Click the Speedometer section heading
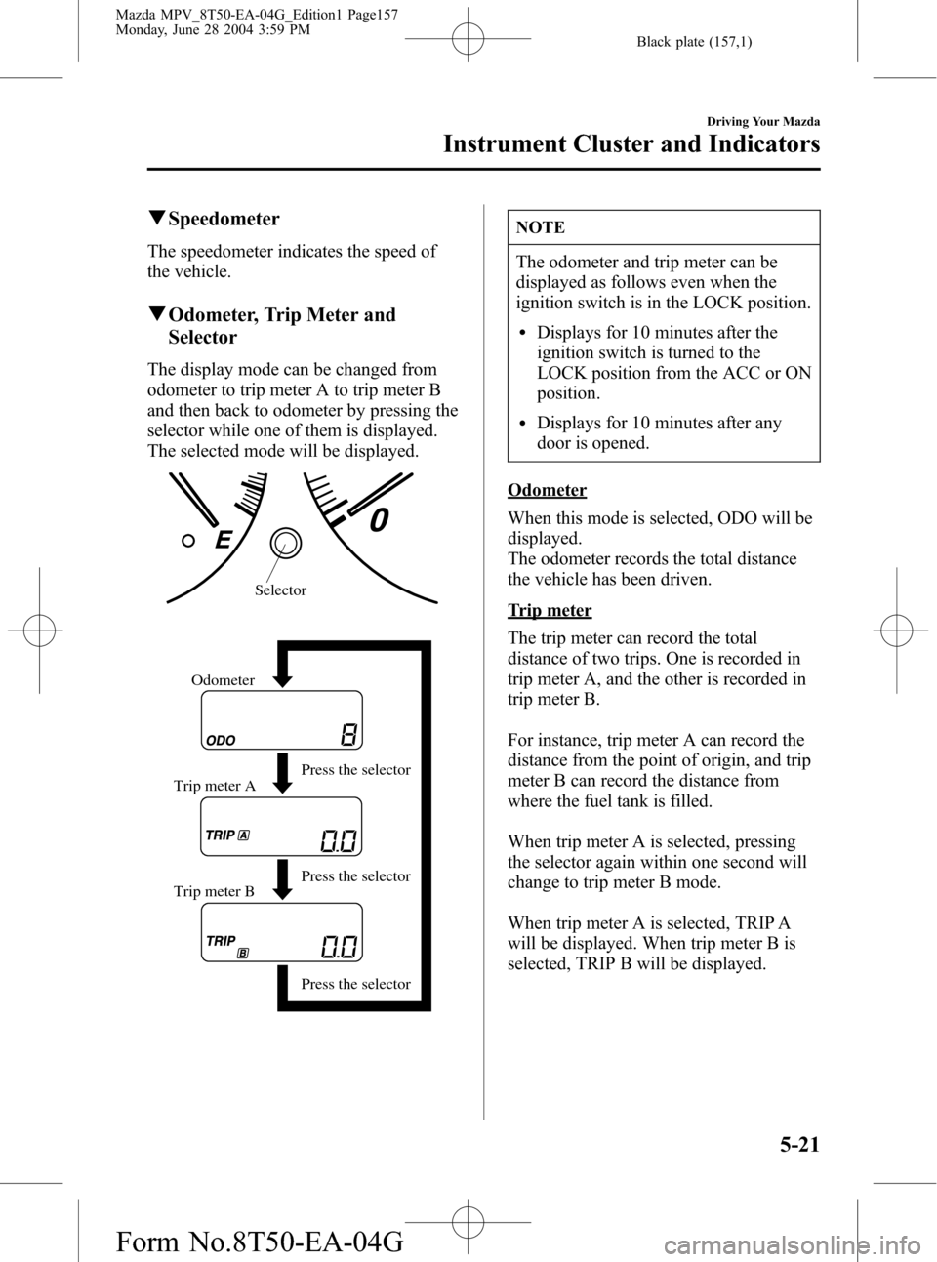coord(224,219)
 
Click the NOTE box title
coord(541,227)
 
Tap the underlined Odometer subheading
coord(547,490)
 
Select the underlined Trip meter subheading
coord(550,610)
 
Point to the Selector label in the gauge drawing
coord(280,590)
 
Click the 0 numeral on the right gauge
coord(378,519)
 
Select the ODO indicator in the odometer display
coord(222,740)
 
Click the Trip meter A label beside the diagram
coord(215,786)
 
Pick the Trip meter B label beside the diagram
coord(214,891)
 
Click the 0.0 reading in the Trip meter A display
coord(339,840)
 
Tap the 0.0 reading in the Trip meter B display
coord(339,946)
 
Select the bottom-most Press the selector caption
coord(355,984)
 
